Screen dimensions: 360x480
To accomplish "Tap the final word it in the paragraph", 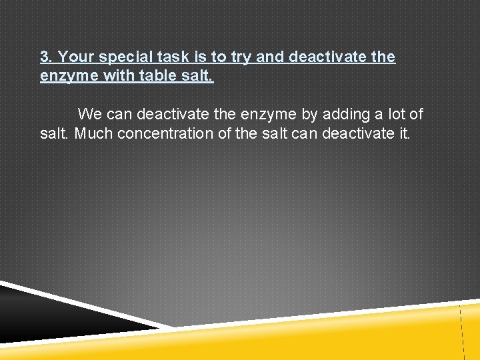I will point(404,133).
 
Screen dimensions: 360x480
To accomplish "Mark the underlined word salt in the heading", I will point(198,76).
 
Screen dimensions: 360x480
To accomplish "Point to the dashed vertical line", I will point(461,333).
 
